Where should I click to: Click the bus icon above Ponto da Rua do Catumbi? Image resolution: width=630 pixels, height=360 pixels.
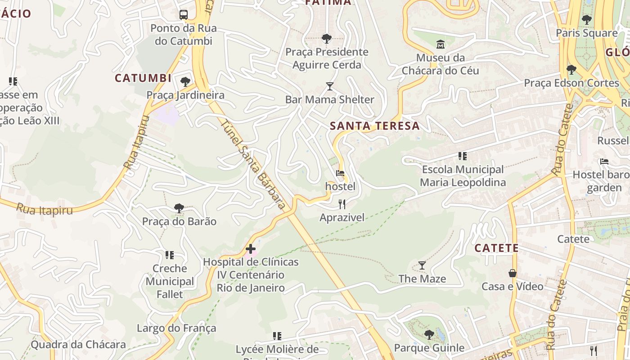[184, 14]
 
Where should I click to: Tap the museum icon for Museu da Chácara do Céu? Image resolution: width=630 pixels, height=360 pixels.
[440, 44]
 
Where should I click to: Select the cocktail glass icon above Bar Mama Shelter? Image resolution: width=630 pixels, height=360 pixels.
[330, 86]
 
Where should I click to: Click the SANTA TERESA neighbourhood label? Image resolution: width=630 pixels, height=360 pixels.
[375, 126]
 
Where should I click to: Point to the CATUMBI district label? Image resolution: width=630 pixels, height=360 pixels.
[143, 78]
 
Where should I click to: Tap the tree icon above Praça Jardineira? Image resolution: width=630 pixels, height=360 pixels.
[185, 82]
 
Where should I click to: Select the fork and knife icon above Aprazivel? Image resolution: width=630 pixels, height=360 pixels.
[342, 204]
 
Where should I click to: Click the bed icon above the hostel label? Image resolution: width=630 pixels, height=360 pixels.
[340, 173]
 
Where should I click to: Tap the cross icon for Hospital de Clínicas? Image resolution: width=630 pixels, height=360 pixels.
[251, 249]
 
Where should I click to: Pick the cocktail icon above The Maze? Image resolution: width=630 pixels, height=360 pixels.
[422, 265]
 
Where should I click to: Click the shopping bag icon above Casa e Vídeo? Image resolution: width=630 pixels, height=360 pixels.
[512, 273]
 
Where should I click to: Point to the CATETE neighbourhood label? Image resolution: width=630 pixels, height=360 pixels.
[497, 248]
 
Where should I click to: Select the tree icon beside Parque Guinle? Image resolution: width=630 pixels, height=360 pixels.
[429, 334]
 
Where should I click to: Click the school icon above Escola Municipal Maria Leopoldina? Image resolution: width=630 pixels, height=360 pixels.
[463, 156]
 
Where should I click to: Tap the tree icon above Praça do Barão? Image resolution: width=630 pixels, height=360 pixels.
[179, 208]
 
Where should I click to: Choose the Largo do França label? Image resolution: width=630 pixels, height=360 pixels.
[176, 328]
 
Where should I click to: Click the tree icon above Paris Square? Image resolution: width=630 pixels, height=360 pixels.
[586, 20]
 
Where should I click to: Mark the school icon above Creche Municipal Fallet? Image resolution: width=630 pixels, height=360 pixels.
[170, 255]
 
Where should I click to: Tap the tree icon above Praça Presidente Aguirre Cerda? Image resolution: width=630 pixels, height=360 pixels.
[327, 39]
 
